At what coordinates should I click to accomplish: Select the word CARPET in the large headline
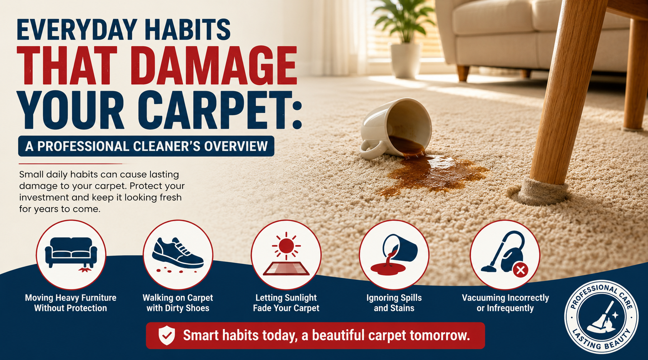[x=216, y=110]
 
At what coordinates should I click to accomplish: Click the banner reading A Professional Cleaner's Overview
[x=146, y=146]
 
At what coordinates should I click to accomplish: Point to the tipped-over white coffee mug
[x=395, y=128]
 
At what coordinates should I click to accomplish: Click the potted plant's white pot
[x=405, y=60]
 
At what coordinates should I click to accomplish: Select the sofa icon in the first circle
[x=71, y=252]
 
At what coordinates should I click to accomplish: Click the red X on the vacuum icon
[x=521, y=270]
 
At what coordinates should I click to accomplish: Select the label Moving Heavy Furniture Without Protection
[x=70, y=303]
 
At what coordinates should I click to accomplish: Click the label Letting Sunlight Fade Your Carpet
[x=286, y=303]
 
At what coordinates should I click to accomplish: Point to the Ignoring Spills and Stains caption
[x=394, y=303]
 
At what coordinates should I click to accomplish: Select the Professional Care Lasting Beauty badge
[x=601, y=317]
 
